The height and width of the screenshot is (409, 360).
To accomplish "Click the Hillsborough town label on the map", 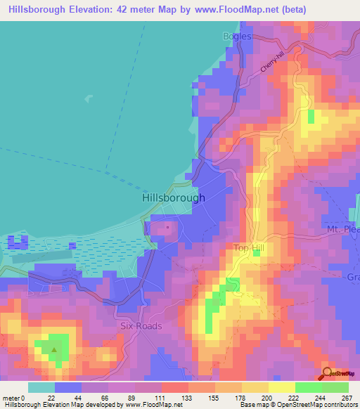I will [174, 198].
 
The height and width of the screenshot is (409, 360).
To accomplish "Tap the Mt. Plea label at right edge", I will [342, 230].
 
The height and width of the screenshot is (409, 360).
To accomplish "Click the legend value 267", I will [346, 397].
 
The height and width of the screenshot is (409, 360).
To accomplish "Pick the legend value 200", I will [266, 397].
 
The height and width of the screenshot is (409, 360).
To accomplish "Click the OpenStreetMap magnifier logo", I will [328, 373].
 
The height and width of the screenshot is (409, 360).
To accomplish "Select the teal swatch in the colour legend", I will [41, 387].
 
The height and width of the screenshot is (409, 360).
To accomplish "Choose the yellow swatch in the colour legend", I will [281, 387].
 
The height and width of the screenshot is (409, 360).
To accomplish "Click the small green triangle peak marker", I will [54, 349].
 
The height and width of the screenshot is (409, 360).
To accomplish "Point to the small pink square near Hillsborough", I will [167, 227].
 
